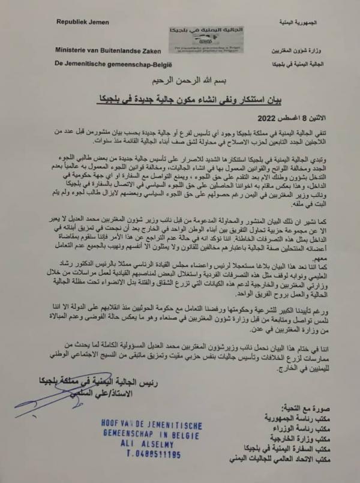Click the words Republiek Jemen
(x=83, y=22)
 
